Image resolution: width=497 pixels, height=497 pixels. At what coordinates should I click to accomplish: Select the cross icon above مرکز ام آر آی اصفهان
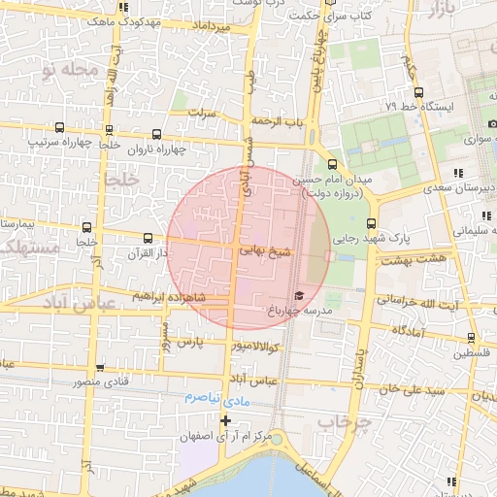226,420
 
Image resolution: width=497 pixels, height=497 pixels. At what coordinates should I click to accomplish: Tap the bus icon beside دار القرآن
149,238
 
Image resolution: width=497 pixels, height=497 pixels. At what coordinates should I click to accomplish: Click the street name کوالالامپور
256,347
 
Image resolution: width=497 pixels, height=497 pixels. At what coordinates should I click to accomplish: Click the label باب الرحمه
280,121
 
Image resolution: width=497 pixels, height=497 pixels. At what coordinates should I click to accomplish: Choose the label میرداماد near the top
212,27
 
